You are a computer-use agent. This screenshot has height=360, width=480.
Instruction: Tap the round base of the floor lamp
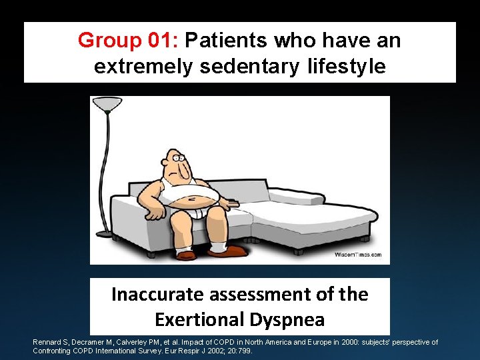pos(105,233)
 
